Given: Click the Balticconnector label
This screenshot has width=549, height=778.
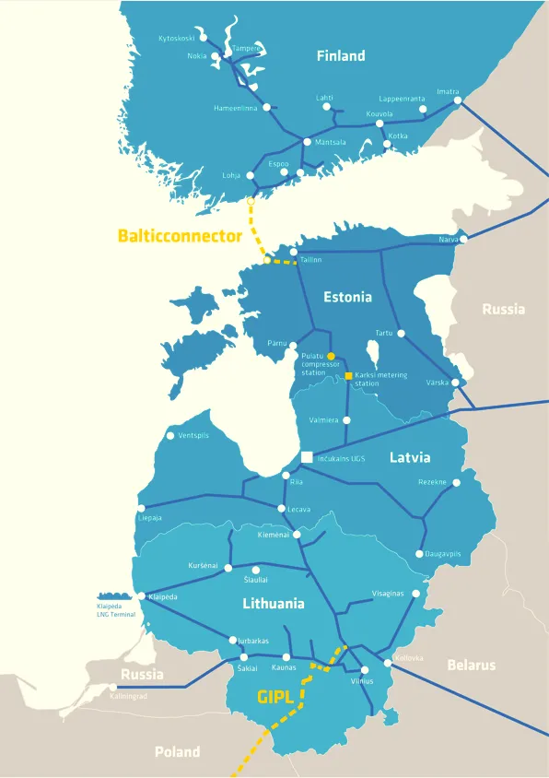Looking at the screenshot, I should pos(181,235).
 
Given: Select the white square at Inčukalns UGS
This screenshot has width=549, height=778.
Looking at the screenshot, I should pos(307,457).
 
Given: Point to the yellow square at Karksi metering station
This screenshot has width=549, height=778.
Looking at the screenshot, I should pos(348,376).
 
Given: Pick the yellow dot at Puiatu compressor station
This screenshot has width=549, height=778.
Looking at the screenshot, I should pos(330,356).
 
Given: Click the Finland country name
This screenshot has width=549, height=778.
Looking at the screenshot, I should pos(341,56).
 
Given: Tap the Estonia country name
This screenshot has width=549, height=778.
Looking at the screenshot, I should pos(347,297).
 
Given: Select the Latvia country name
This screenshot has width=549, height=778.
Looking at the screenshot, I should pos(410,457).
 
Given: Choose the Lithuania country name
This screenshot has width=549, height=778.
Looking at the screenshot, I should pos(274,605).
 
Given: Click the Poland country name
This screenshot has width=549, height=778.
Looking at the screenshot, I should pos(177,752).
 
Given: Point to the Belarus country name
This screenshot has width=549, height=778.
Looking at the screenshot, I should pos(471,665).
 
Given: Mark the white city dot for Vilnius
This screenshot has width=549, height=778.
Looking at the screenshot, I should pos(365,670).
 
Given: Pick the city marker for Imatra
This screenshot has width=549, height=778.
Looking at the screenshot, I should pos(458,102).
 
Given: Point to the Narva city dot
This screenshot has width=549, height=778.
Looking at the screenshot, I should pos(463,239).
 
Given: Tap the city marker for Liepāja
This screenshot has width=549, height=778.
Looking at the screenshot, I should pos(141,508).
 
